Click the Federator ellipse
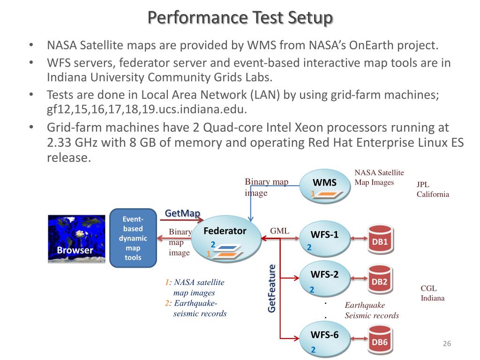tap(226, 239)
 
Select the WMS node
tap(325, 187)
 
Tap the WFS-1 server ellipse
tap(325, 239)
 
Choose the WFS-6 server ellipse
tap(325, 339)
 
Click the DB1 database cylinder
tap(380, 240)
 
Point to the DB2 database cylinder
tap(380, 280)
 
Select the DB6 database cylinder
tap(380, 340)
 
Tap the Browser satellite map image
tap(76, 239)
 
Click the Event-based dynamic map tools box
tap(133, 238)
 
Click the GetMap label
tap(182, 213)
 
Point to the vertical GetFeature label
tap(271, 289)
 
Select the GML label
tap(279, 231)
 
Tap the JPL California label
tap(433, 189)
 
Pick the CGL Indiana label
tap(433, 293)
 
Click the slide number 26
tap(447, 344)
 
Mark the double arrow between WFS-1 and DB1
tap(359, 239)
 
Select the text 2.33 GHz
tap(72, 142)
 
